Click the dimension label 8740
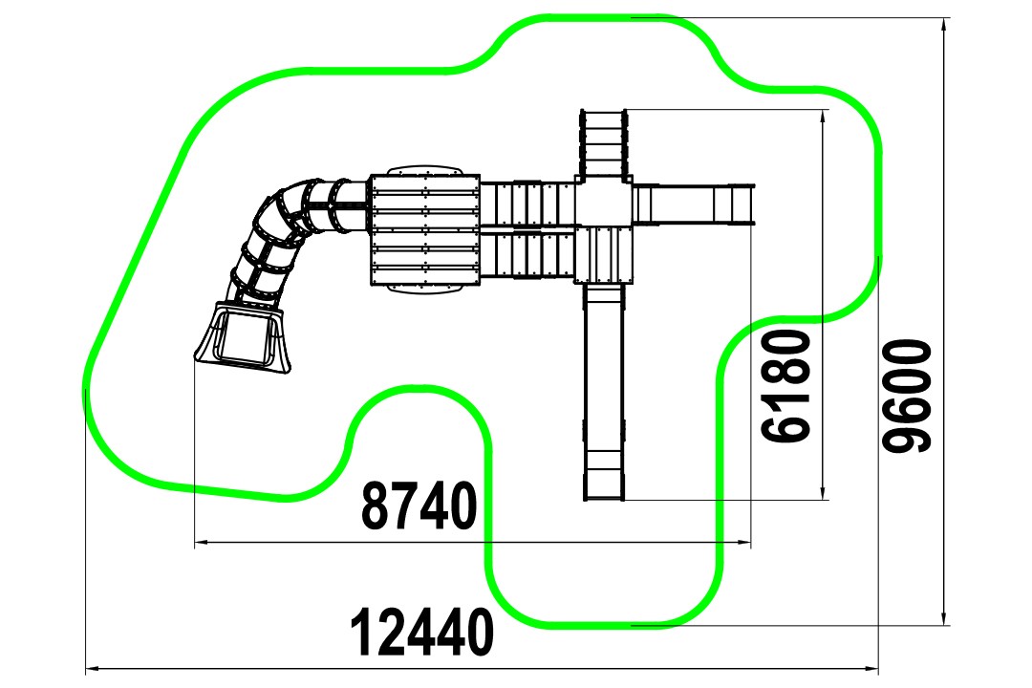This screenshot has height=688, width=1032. click(419, 505)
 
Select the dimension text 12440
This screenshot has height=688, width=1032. click(421, 632)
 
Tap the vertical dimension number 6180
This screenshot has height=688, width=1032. click(785, 386)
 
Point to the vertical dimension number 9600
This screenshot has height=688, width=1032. click(907, 397)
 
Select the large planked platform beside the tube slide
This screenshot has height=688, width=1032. click(425, 229)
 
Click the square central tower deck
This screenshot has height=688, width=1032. click(603, 203)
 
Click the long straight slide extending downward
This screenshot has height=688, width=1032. click(604, 392)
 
